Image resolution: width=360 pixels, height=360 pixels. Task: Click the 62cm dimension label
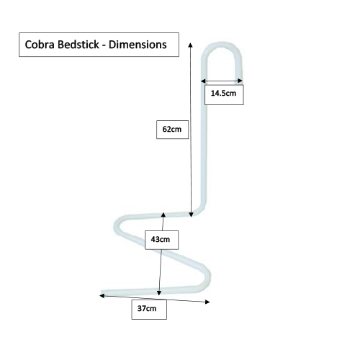pyautogui.click(x=171, y=130)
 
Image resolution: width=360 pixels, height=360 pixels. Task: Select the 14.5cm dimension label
pyautogui.click(x=223, y=94)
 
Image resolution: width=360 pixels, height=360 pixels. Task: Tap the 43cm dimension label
pyautogui.click(x=161, y=239)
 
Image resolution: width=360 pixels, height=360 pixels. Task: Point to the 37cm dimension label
pyautogui.click(x=147, y=309)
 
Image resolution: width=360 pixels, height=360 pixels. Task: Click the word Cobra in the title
pyautogui.click(x=41, y=45)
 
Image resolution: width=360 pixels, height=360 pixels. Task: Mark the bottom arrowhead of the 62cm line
pyautogui.click(x=190, y=214)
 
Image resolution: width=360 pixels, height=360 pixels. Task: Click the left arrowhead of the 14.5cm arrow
pyautogui.click(x=203, y=81)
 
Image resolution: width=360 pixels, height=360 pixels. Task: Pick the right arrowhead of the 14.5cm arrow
pyautogui.click(x=241, y=81)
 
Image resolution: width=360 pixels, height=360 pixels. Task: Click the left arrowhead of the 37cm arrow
pyautogui.click(x=101, y=294)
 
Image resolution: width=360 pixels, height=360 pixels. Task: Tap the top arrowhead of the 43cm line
pyautogui.click(x=163, y=214)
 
